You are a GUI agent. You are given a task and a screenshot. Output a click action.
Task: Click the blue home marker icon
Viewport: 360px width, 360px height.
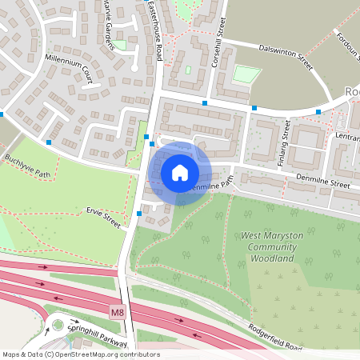(179, 173)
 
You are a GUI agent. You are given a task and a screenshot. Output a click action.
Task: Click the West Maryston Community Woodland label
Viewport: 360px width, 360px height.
(269, 247)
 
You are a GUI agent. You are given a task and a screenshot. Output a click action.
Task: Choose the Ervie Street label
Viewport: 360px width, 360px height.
(104, 217)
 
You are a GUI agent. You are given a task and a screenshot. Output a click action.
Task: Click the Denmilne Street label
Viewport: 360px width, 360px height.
(321, 185)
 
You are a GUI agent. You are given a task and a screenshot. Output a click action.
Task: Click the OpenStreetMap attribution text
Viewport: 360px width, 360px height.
(80, 354)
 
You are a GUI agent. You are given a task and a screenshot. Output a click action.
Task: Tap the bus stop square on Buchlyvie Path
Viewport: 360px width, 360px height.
(50, 142)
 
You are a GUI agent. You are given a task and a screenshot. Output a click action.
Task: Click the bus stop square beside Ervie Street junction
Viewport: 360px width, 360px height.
(140, 214)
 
